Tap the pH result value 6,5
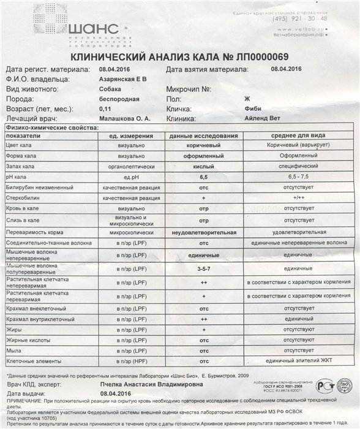tap(203, 177)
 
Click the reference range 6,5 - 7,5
tap(291, 177)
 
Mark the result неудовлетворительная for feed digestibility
tap(203, 233)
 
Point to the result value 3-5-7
tap(203, 268)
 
